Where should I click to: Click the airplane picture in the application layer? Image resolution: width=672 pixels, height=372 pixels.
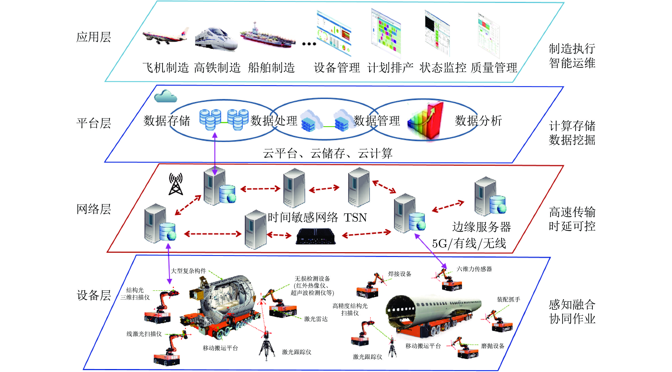coord(165,36)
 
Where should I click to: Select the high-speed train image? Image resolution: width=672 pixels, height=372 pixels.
coord(216,39)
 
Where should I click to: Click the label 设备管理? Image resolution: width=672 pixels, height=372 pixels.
coord(337,68)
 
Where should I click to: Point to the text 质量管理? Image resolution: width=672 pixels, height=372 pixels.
coord(494,68)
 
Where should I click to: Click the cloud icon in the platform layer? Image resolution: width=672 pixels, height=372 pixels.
coord(166,96)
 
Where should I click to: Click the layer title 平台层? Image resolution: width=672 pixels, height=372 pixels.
coord(94,123)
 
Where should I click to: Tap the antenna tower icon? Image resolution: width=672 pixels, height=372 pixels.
coord(176,184)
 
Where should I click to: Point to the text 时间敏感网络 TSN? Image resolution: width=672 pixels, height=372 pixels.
coord(317,217)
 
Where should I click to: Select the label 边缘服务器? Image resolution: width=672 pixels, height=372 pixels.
coord(482,227)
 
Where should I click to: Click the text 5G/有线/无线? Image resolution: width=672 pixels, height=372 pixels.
coord(469,243)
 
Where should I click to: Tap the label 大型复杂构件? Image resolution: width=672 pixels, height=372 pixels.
coord(188,271)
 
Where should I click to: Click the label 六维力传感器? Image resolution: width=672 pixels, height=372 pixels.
coord(474,269)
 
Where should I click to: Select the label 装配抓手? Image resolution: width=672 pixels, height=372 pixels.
coord(508,299)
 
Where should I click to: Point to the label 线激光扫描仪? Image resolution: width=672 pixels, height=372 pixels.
coord(144,334)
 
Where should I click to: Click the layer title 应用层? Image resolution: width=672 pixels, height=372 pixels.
coord(94,37)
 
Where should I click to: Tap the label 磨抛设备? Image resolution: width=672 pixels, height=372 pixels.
coord(493,346)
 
